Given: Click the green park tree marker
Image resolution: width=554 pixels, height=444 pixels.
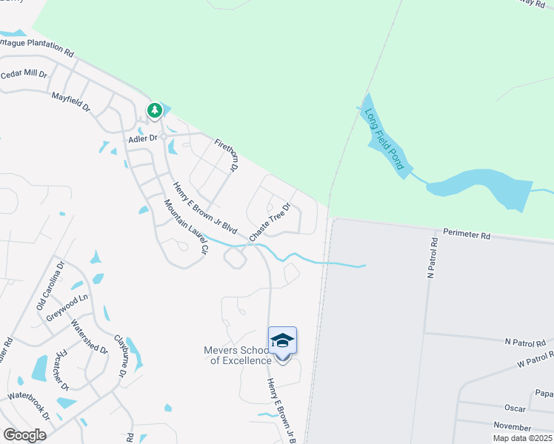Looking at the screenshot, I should pos(154,111).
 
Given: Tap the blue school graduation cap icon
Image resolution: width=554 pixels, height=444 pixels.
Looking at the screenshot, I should pos(282,340).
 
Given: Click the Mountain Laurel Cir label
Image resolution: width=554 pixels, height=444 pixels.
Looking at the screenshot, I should pos(184,226).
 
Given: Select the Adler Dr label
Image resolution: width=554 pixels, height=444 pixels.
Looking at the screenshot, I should pos(144,138).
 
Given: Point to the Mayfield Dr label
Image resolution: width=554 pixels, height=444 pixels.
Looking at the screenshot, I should pos(70,102).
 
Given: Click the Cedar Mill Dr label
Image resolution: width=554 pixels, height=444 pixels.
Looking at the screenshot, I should pos(24,75).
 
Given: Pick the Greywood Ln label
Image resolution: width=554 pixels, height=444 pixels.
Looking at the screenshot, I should pos(67,317).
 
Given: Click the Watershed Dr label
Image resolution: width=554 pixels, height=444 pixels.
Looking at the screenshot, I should pos(90,337).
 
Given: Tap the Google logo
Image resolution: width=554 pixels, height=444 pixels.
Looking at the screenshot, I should pos(24,434).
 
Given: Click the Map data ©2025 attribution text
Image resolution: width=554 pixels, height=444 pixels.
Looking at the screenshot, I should pos(522,438).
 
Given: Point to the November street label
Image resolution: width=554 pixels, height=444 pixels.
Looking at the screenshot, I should pos(512,427).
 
